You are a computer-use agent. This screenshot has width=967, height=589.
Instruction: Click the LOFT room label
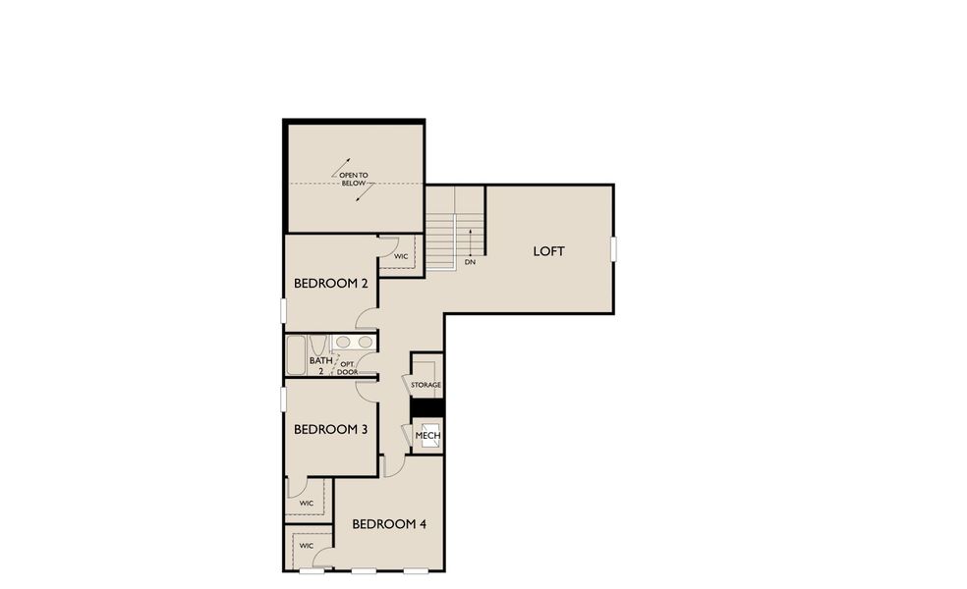tap(549, 251)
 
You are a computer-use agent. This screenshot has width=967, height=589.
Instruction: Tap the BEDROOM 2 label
tap(331, 284)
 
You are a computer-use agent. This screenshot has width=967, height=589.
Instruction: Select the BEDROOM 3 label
tap(331, 429)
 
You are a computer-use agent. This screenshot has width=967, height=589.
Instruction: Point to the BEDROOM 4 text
tap(389, 524)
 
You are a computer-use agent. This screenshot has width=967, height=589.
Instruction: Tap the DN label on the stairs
tap(470, 262)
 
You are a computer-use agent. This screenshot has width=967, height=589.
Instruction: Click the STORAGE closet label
tap(426, 385)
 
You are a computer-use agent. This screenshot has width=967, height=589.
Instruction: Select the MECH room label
tap(427, 435)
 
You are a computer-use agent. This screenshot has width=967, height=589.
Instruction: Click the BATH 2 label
tap(320, 366)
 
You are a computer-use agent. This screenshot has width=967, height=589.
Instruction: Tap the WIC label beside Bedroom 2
tap(401, 256)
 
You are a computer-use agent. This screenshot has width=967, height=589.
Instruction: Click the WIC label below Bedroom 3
tap(306, 503)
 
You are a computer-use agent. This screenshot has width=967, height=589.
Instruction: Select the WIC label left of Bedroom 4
tap(306, 546)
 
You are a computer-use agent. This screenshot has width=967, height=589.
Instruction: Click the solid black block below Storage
tap(427, 407)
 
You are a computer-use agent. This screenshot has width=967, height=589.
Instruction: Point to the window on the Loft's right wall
tap(613, 249)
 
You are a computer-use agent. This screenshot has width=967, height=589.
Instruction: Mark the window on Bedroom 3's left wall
tap(284, 401)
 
